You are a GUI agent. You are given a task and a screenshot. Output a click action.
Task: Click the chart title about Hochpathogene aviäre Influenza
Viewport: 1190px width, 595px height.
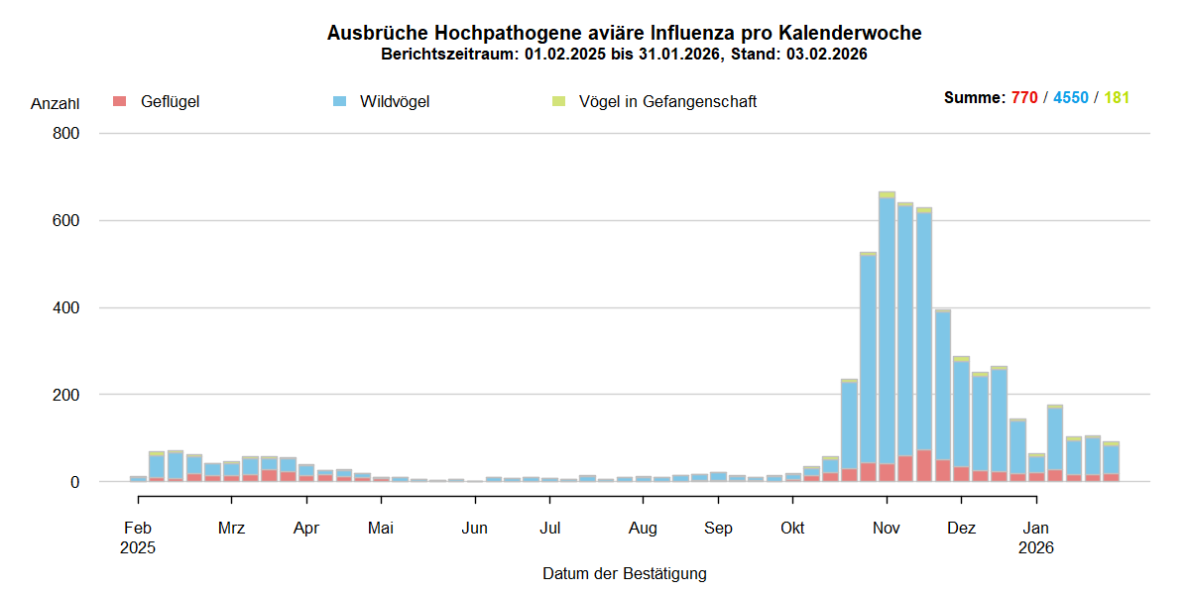(x=624, y=33)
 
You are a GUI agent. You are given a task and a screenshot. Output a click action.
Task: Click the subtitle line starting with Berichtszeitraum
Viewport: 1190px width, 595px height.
(x=624, y=55)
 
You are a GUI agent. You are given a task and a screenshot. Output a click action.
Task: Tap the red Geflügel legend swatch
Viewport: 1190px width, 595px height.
(x=120, y=101)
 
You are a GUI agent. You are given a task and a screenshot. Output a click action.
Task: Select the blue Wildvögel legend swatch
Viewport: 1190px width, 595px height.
(x=340, y=101)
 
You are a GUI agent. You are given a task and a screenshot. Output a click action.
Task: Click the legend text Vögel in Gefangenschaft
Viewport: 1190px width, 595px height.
(x=667, y=101)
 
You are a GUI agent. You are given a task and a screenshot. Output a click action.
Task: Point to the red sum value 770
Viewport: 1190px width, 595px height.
(x=1024, y=98)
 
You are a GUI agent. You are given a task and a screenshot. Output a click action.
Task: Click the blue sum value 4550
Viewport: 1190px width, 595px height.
(x=1071, y=98)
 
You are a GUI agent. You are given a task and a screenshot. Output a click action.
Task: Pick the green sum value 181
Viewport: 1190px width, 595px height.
(x=1117, y=98)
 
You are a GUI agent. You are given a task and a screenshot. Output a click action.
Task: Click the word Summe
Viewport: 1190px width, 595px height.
(x=973, y=98)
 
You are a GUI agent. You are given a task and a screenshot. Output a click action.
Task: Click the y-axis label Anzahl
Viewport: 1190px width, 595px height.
(x=55, y=103)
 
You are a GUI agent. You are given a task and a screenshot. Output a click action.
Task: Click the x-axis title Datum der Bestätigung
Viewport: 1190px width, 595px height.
(x=624, y=573)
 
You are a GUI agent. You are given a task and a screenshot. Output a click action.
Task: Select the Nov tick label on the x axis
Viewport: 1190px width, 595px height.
(x=887, y=528)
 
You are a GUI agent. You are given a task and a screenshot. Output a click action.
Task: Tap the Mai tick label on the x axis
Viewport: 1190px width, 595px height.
(x=381, y=528)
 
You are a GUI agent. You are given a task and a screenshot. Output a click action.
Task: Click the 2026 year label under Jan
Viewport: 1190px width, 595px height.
(x=1036, y=546)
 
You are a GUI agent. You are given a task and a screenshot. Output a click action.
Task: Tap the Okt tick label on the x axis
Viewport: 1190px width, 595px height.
(x=792, y=528)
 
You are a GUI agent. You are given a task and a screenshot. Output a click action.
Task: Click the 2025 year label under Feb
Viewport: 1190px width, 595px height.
(x=139, y=546)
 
